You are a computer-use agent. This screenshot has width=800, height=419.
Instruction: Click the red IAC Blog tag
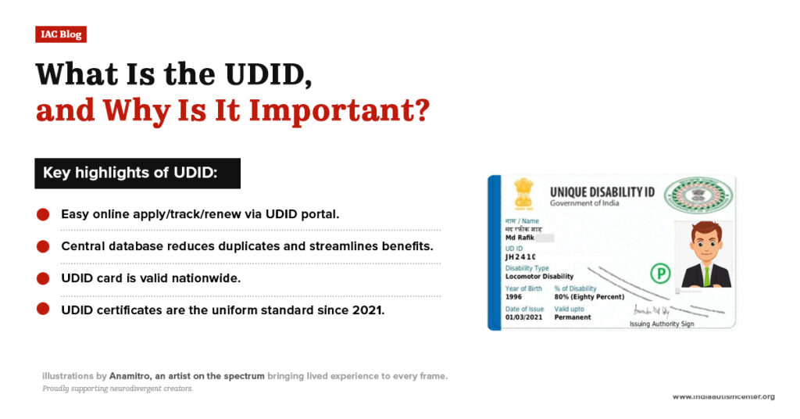[x=60, y=34]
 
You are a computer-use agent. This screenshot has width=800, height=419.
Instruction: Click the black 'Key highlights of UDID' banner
[x=137, y=173]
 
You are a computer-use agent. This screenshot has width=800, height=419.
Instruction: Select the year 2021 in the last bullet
[x=370, y=310]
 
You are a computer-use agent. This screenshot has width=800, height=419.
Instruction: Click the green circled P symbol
[x=660, y=273]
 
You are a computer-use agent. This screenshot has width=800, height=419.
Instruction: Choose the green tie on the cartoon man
[x=706, y=274]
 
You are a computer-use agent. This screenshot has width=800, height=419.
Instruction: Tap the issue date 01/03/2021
[x=523, y=317]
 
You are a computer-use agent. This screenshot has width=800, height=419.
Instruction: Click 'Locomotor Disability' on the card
[x=539, y=276]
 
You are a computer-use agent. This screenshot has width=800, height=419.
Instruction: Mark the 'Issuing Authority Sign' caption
[x=662, y=323]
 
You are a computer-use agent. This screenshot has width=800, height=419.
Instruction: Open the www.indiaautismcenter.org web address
[x=723, y=396]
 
